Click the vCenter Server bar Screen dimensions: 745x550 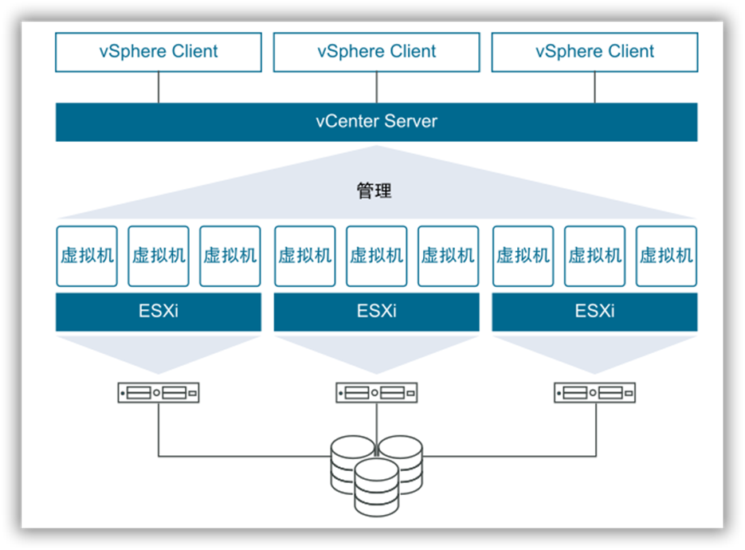click(376, 122)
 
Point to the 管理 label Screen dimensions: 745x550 click(374, 191)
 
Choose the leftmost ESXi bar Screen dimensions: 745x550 click(159, 312)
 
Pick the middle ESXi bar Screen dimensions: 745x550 click(376, 312)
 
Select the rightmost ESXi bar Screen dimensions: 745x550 click(594, 312)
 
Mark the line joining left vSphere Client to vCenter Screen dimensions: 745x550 click(159, 88)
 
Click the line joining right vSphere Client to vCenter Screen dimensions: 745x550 click(594, 88)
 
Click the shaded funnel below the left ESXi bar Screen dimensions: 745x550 click(159, 354)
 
